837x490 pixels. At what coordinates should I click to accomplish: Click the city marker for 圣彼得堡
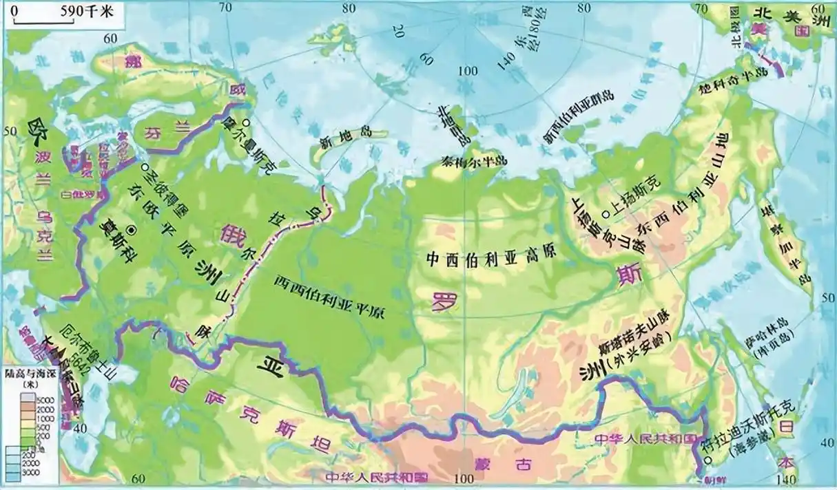(x=145, y=167)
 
